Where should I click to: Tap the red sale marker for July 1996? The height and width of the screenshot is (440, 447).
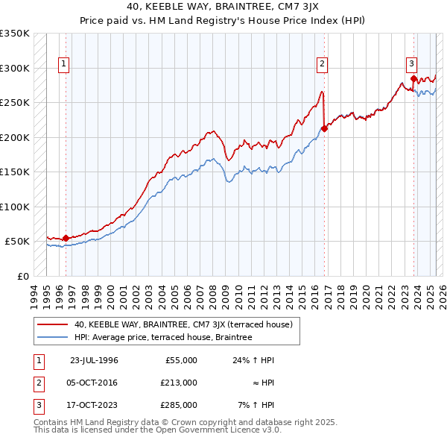pos(66,239)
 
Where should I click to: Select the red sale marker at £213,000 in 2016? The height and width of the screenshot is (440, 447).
pos(325,129)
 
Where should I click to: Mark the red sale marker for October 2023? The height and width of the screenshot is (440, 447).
pos(413,78)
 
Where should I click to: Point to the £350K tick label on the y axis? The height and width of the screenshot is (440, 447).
pos(15,34)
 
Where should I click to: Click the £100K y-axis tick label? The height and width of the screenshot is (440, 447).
pos(15,207)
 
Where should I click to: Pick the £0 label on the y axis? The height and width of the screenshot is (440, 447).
pos(22,276)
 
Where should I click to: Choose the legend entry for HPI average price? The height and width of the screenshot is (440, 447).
pos(163,338)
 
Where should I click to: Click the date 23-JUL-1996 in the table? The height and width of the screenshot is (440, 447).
pos(94,360)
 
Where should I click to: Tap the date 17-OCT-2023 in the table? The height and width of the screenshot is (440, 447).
pos(94,405)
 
